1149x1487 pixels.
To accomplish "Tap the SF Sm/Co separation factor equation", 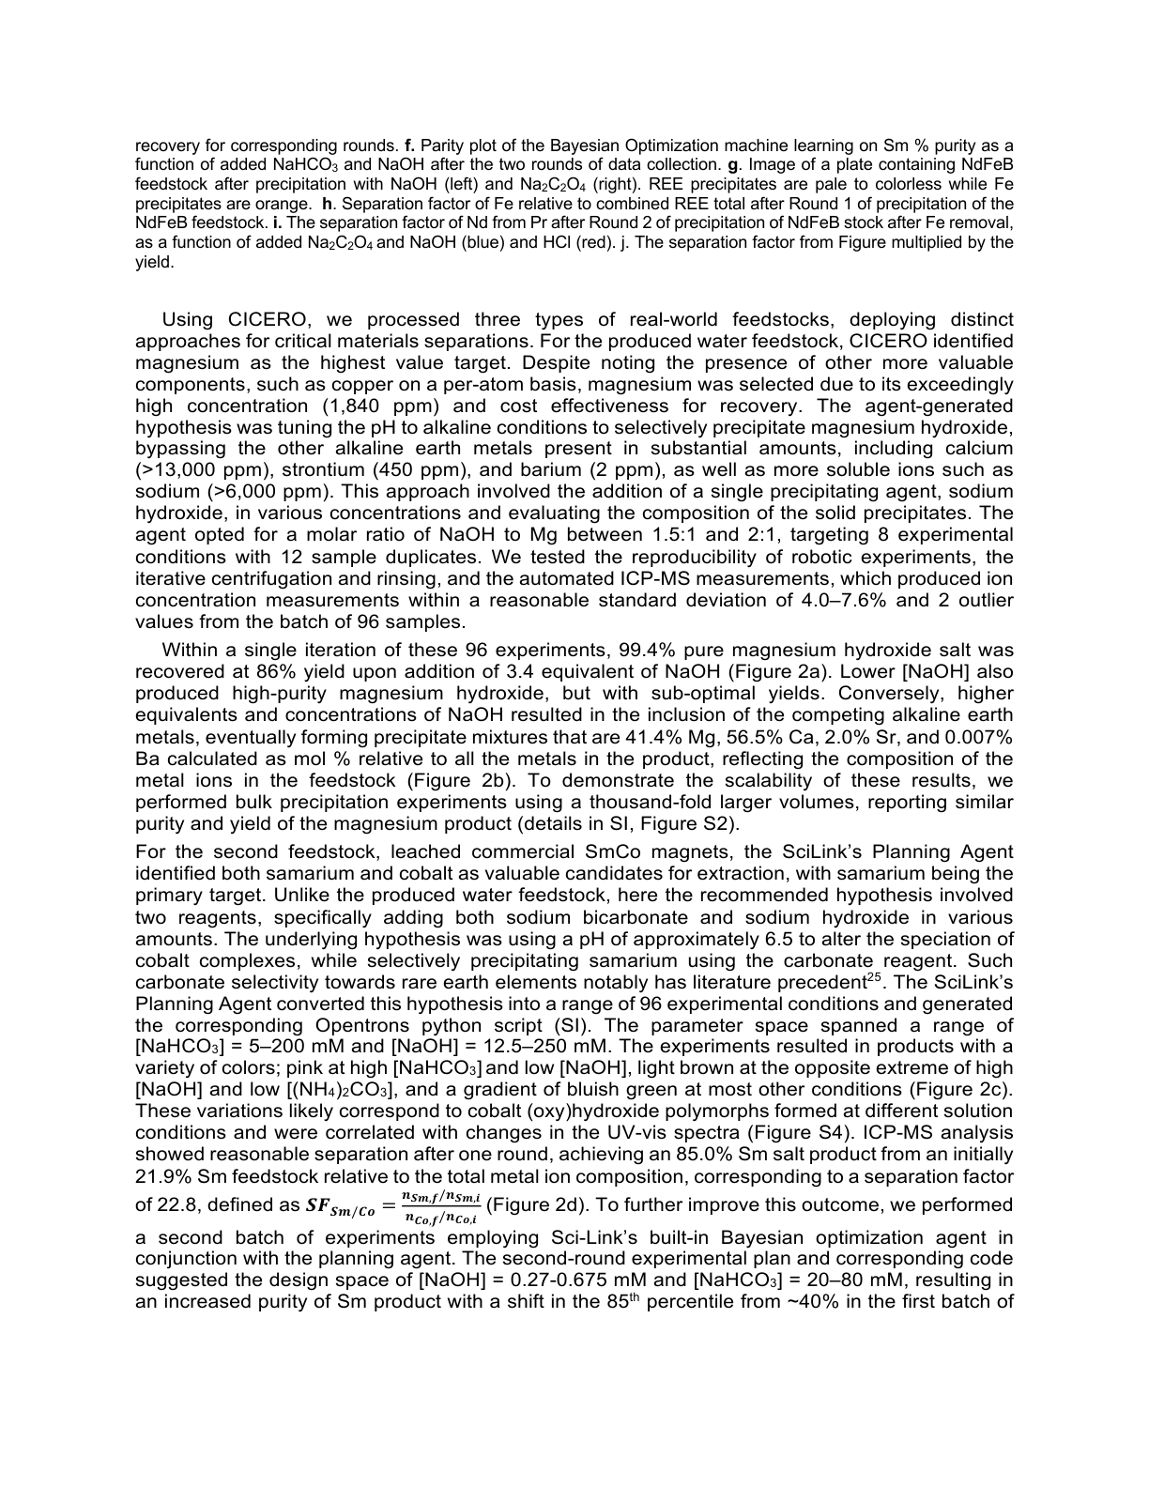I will point(393,1205).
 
